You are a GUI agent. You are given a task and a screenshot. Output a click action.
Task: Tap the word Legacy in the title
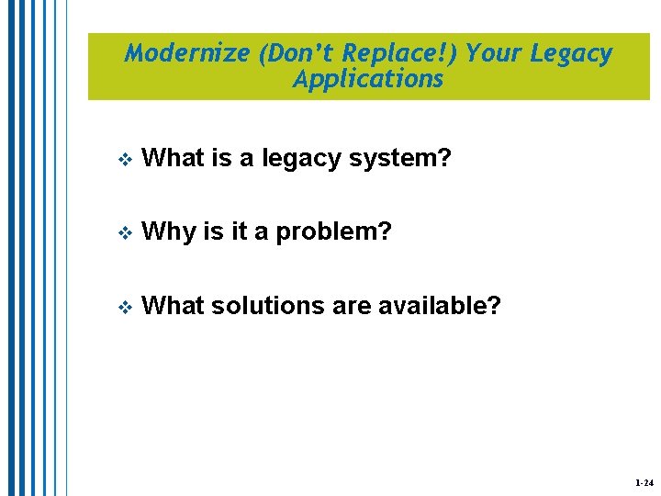coord(571,53)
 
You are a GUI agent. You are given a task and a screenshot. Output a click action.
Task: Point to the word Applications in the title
coord(368,79)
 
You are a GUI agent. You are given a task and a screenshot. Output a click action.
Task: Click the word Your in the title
coord(494,53)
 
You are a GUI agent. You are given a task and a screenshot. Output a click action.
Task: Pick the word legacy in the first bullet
coord(298,158)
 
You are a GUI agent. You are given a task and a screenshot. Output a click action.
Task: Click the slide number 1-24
coord(643,482)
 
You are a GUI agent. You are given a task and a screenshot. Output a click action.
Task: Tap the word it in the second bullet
coord(239,231)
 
